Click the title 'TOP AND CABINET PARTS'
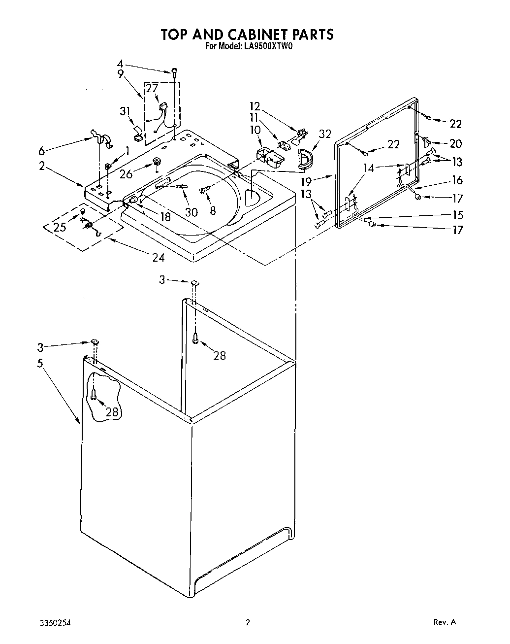[248, 34]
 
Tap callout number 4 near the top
[120, 64]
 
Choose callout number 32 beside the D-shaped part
[325, 134]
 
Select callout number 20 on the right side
[455, 143]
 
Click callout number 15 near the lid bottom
[457, 215]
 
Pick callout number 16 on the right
[457, 181]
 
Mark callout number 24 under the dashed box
[158, 257]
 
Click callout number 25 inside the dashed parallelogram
[60, 228]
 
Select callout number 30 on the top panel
[191, 212]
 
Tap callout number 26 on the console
[126, 174]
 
